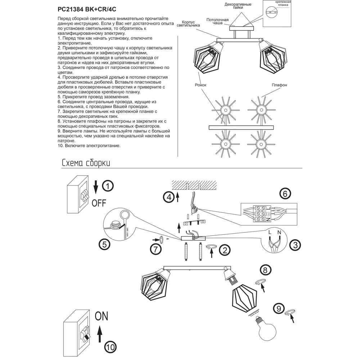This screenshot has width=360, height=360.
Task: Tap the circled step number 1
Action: tap(108, 186)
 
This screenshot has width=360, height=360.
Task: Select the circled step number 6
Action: tap(285, 194)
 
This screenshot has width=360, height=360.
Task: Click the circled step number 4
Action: tap(168, 197)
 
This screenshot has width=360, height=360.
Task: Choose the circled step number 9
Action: tap(278, 309)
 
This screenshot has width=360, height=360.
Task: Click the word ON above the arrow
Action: tap(101, 316)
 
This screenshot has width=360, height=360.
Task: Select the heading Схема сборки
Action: tap(86, 163)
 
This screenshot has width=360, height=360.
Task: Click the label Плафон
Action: tap(279, 85)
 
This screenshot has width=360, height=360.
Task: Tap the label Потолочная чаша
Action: tap(218, 21)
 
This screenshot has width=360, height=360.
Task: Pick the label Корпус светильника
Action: tap(188, 24)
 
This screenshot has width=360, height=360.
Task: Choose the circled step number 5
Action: tap(104, 245)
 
